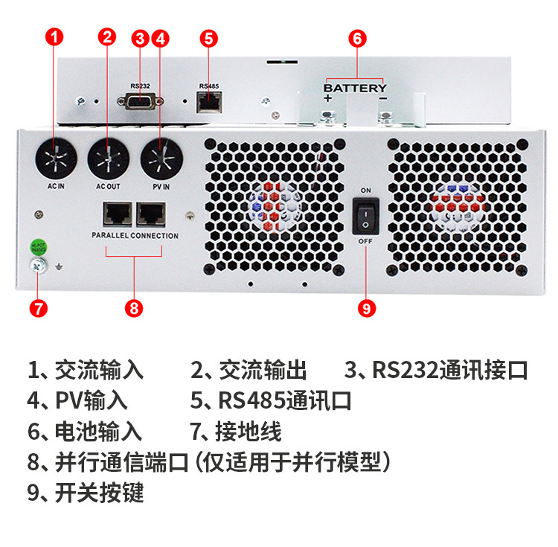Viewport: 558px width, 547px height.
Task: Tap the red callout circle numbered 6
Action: [x=358, y=38]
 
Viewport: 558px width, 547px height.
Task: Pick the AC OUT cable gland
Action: [x=108, y=159]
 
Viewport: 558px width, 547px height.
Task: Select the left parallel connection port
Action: [x=117, y=214]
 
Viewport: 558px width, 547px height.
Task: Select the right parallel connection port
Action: [x=152, y=214]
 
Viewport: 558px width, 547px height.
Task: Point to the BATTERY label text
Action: [x=355, y=88]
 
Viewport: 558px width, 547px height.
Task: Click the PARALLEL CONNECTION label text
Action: [x=135, y=236]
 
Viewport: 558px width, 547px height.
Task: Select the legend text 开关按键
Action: [x=99, y=492]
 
